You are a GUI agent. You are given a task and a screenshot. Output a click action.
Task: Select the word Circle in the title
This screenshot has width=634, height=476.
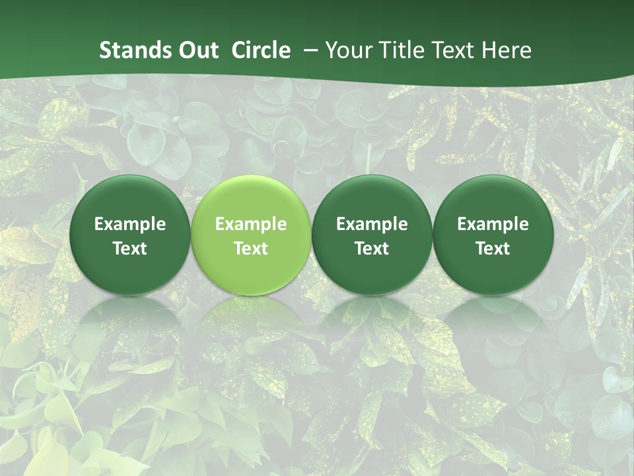pos(261,50)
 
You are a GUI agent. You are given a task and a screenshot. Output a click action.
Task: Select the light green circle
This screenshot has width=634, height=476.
pos(251,235)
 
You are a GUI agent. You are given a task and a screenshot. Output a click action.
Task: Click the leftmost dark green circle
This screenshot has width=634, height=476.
pos(130,235)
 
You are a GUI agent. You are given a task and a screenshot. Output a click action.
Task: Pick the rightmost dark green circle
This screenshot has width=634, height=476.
pos(493,235)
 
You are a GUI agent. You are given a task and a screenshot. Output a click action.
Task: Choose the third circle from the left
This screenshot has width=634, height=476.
pos(372,235)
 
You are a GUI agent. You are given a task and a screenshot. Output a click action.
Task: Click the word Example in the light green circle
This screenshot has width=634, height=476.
pos(251,224)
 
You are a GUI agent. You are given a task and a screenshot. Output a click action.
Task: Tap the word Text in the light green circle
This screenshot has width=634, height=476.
pos(251,249)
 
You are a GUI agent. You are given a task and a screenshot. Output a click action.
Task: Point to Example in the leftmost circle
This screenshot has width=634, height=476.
pos(130,224)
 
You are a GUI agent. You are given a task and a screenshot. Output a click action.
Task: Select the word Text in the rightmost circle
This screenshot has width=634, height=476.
pos(493,249)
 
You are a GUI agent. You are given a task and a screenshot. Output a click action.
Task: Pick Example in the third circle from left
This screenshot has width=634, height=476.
pos(372,224)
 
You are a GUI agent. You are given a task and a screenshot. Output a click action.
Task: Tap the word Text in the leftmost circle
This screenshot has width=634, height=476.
pos(130,249)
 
